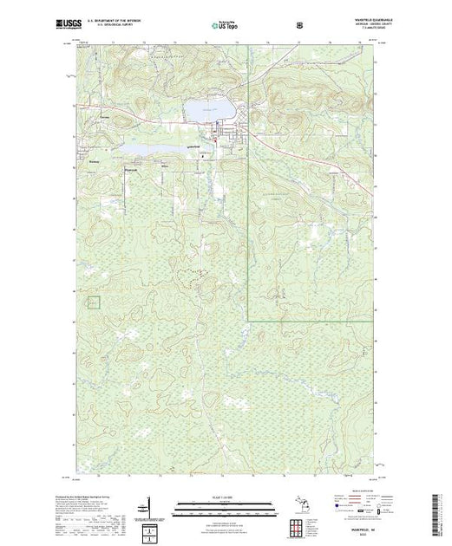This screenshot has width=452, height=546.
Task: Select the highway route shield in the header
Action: coord(300,24)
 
